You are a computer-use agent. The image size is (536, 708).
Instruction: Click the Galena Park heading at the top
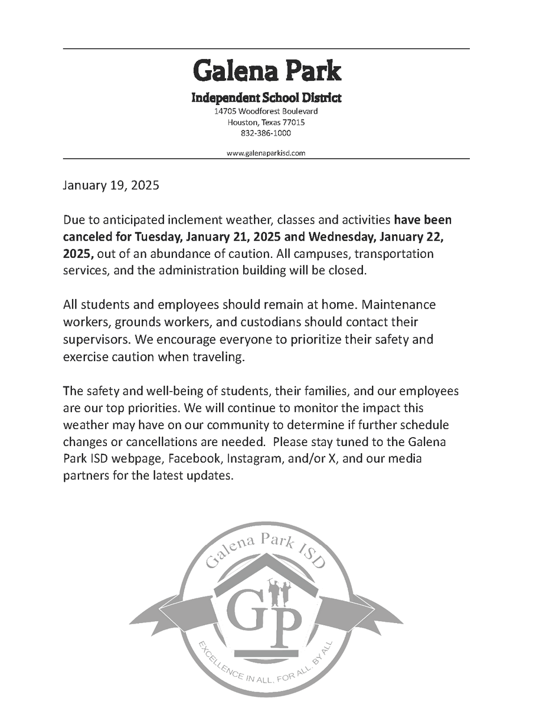click(267, 71)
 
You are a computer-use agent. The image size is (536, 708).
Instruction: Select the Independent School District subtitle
click(266, 98)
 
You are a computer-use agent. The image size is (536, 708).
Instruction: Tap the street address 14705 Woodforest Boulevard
click(266, 111)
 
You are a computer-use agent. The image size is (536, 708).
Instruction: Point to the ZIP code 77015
click(293, 122)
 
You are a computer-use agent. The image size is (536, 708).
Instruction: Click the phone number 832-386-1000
click(266, 133)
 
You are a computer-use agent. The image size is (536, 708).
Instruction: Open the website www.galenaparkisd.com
click(266, 153)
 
